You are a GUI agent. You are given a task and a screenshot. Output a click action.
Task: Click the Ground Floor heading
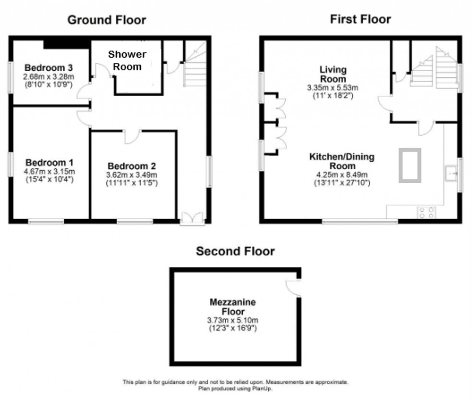pos(106,20)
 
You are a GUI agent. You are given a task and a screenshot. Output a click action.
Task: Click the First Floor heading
pos(360,19)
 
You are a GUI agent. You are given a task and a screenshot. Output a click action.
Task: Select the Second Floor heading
pos(235,251)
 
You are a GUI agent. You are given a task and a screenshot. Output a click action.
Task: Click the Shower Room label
pos(127,60)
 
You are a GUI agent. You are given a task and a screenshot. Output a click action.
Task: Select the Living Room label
pos(333,75)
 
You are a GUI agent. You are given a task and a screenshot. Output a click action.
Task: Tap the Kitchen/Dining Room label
pos(341,161)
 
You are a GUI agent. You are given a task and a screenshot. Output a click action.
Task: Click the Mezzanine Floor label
pos(233,307)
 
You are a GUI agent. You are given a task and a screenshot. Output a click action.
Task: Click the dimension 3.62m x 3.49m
pos(132,175)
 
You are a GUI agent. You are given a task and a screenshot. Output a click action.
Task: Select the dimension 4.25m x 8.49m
pos(341,175)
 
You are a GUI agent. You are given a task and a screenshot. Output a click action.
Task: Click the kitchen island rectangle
pos(409,165)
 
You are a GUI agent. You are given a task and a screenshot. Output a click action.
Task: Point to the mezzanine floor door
pos(293,287)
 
